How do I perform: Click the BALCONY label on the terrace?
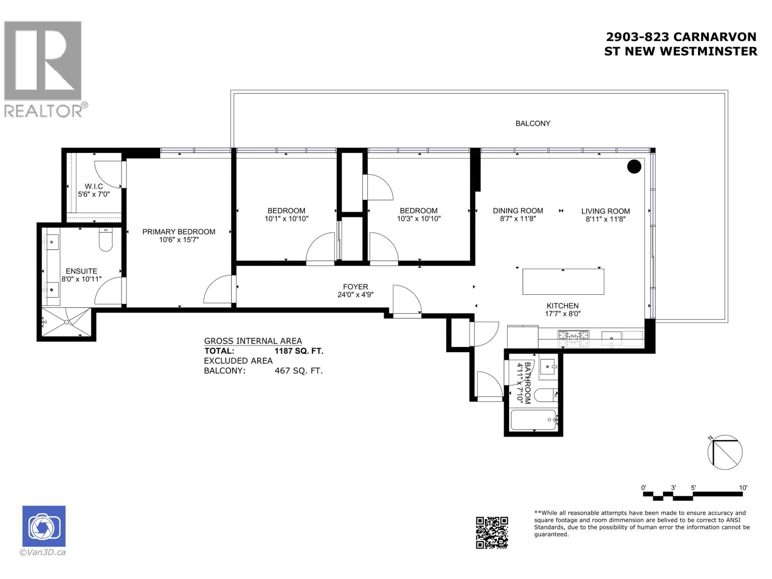tap(533, 124)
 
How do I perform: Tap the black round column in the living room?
tap(634, 166)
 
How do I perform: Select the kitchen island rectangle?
tap(563, 281)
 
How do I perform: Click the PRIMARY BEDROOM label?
tap(179, 232)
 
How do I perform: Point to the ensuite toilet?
tap(105, 240)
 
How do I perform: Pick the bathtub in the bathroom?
tap(533, 420)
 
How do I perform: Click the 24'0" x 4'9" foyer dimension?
tap(356, 295)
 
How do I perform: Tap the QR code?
tap(492, 532)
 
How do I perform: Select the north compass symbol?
tap(725, 452)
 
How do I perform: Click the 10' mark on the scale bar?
tap(743, 488)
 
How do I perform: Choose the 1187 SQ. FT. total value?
tap(299, 351)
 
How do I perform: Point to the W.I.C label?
tap(94, 186)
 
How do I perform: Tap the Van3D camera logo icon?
tap(44, 526)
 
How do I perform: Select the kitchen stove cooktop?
tap(574, 336)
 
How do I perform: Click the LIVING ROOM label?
tap(606, 211)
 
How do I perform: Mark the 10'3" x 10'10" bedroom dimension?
tap(419, 219)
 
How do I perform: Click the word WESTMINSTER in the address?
tap(708, 51)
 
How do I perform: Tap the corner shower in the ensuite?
tap(67, 322)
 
